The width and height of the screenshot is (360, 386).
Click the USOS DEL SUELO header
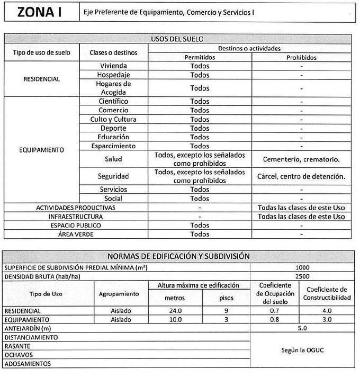pos(177,39)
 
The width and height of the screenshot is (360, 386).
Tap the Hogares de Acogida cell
pos(113,88)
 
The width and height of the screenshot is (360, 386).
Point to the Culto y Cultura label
pos(113,119)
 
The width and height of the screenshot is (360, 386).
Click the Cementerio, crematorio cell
pos(301,159)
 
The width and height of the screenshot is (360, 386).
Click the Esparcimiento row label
pos(113,146)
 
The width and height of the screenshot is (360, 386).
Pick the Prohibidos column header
pos(301,57)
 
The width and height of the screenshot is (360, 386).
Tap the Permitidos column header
pos(200,57)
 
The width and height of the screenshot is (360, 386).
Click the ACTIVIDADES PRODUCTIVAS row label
pos(75,208)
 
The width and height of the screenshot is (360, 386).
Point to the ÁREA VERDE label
pos(75,234)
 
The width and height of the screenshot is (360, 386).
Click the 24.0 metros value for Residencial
pos(175,311)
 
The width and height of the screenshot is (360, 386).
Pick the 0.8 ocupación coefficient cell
pos(274,320)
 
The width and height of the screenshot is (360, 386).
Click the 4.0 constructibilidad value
pos(327,311)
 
